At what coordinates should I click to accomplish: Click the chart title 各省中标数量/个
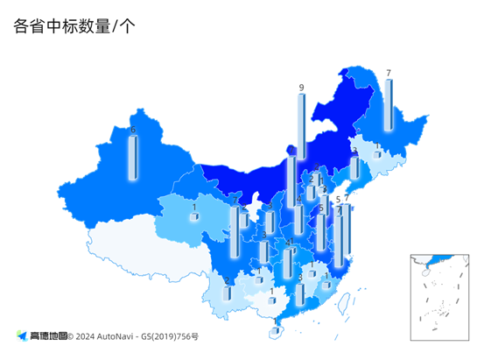(74, 25)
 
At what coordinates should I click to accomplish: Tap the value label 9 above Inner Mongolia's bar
(301, 88)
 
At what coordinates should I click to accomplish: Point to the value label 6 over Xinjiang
(133, 130)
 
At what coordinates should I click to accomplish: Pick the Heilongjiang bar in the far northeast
(388, 105)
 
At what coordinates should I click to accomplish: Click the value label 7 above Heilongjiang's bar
(388, 73)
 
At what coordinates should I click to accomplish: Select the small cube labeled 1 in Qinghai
(194, 215)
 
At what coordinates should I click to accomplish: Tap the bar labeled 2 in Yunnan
(228, 293)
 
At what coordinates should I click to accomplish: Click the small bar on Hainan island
(276, 330)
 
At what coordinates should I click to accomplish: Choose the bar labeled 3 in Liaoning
(354, 166)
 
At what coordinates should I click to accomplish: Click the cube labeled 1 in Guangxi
(272, 300)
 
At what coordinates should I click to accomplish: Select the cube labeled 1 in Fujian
(326, 284)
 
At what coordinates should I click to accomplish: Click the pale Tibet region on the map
(131, 245)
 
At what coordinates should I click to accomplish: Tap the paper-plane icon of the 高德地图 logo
(21, 335)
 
